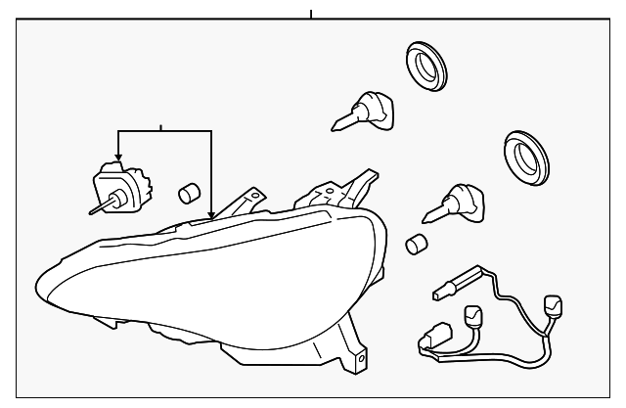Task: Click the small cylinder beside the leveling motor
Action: click(x=188, y=191)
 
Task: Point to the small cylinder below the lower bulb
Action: click(x=417, y=244)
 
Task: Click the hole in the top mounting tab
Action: click(x=255, y=197)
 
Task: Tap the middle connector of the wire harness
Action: click(x=473, y=316)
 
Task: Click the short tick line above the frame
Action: click(x=310, y=14)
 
